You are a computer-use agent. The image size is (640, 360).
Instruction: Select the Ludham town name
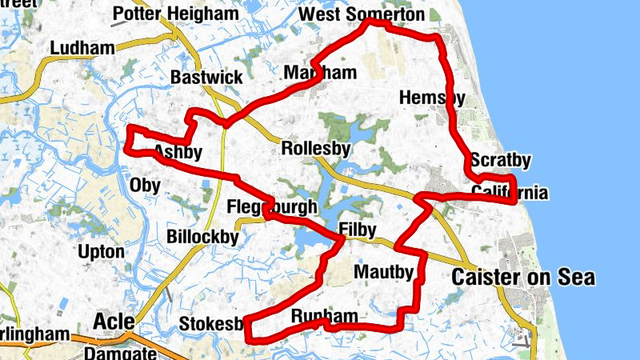pos(82,48)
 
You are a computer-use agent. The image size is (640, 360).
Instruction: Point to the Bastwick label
pos(206,78)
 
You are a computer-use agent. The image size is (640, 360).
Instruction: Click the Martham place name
pos(320,74)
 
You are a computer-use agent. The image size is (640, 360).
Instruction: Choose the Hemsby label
pos(432,98)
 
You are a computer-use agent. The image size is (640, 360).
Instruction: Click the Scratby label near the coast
pos(501,161)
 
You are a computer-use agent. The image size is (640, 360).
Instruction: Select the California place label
pos(510,193)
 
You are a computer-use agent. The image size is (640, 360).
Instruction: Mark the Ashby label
pos(178,152)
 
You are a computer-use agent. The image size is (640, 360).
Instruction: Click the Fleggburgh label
pos(272,207)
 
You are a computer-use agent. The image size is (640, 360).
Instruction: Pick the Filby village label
pos(357,230)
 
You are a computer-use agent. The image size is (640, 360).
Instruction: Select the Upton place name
pos(101,252)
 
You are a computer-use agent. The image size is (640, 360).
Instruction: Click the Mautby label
pos(383,273)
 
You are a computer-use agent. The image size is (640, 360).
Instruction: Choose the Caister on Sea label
pos(523,278)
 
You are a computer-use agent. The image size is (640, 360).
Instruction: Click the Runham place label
pos(324,317)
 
